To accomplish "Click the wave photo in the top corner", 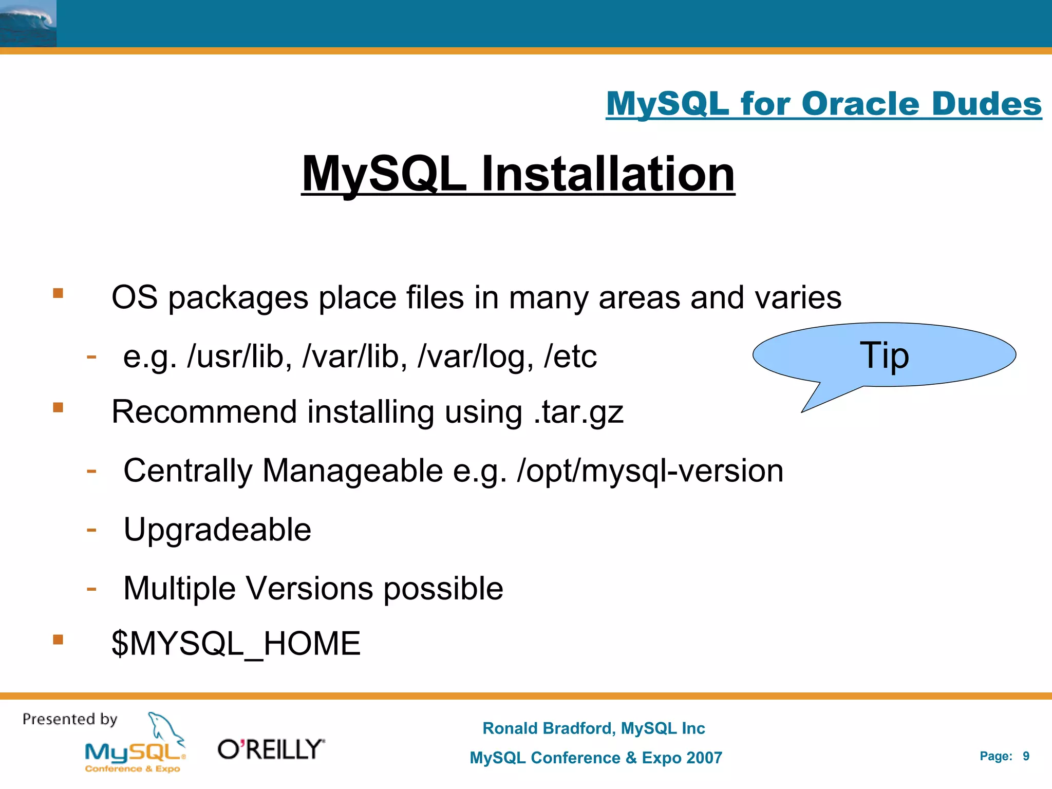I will click(x=28, y=24).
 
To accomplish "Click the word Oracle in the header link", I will click(x=861, y=104).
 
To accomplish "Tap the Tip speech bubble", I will click(x=884, y=355).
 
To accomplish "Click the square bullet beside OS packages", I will click(x=58, y=293).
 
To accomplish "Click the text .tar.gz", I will click(x=578, y=412).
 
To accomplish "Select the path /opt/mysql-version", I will click(x=650, y=471).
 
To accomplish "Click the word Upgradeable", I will click(x=217, y=530).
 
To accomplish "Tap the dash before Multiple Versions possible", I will click(x=91, y=588).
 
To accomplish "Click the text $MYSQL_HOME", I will click(x=236, y=644).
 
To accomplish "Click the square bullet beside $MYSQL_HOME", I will click(x=58, y=640).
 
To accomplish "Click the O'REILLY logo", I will click(x=271, y=749).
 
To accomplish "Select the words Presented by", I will click(x=70, y=719).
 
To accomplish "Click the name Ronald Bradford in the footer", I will click(x=548, y=728).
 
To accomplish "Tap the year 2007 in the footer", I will click(x=703, y=758).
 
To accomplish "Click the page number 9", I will click(x=1026, y=756).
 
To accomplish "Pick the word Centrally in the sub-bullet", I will click(x=188, y=471).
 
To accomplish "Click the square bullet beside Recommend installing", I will click(x=58, y=408).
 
